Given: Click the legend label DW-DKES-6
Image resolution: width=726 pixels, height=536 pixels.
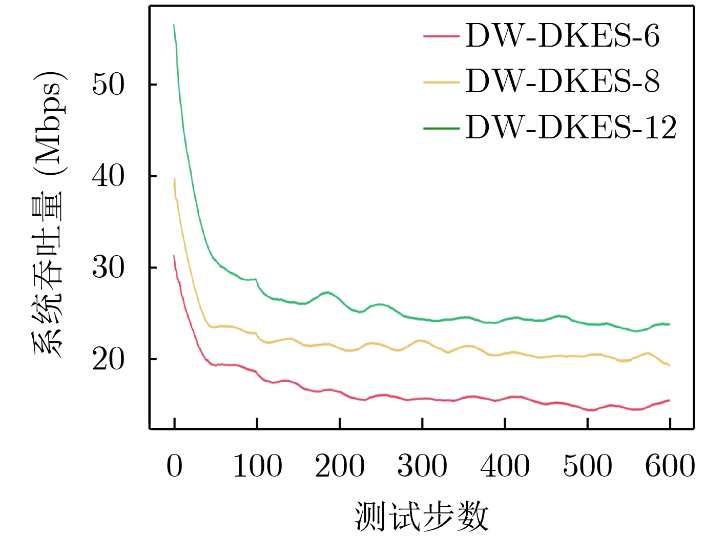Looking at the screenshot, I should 562,36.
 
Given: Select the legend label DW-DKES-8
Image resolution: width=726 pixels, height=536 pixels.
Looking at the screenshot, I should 562,81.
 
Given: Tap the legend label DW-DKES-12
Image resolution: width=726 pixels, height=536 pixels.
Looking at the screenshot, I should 571,127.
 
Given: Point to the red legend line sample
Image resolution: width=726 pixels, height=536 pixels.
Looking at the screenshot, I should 441,36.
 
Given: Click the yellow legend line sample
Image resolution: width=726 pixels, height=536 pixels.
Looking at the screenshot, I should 441,81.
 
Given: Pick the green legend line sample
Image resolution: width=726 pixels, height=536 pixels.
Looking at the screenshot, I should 441,127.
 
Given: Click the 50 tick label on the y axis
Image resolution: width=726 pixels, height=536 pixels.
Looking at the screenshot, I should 108,85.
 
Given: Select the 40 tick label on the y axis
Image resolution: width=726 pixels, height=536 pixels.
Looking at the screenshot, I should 108,176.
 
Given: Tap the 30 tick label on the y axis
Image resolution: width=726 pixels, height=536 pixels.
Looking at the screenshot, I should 108,267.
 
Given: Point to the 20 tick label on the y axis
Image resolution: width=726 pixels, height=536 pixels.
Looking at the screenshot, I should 108,359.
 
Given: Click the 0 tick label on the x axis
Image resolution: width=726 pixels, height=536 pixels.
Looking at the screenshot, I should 174,466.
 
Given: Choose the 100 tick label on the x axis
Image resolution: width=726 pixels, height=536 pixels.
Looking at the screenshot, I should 257,466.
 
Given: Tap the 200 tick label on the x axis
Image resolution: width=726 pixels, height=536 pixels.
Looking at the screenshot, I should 340,466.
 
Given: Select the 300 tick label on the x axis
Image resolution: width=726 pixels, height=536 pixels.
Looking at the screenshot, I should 422,466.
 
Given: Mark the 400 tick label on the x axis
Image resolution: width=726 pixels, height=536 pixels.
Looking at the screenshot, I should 505,466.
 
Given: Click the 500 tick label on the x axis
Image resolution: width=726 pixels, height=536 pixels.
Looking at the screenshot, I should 587,466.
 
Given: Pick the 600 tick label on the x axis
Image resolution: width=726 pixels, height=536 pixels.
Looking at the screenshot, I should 670,466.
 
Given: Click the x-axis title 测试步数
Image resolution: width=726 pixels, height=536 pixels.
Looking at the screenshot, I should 421,516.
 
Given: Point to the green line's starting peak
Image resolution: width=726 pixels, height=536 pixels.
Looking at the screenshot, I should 174,25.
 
